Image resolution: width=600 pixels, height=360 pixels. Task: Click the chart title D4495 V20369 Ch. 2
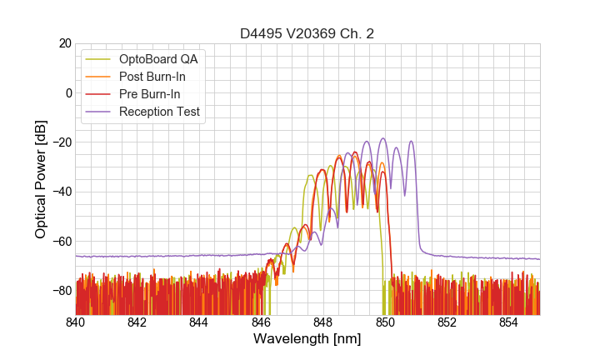(307, 33)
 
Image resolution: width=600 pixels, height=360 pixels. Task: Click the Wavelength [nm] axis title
(307, 339)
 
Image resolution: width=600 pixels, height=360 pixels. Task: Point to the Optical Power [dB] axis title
(41, 178)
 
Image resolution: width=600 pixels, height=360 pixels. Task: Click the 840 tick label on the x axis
(75, 322)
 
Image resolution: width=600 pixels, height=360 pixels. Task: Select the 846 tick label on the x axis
(261, 322)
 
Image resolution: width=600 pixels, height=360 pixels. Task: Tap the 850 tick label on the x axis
(385, 322)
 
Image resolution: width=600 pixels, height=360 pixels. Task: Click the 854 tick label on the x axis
(508, 322)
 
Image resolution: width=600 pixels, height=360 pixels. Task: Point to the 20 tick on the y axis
(65, 43)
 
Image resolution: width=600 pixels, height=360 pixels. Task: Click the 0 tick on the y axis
(68, 92)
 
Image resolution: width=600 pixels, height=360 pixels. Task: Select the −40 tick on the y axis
(62, 192)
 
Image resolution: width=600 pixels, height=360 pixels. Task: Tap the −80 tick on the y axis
(62, 291)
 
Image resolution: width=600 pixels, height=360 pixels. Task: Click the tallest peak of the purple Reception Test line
(383, 138)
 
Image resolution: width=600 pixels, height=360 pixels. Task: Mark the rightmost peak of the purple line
(411, 142)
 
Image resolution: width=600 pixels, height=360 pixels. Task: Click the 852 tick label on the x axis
(447, 322)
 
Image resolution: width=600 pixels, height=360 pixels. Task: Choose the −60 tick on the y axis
(62, 242)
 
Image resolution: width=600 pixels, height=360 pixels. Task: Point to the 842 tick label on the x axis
(137, 322)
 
